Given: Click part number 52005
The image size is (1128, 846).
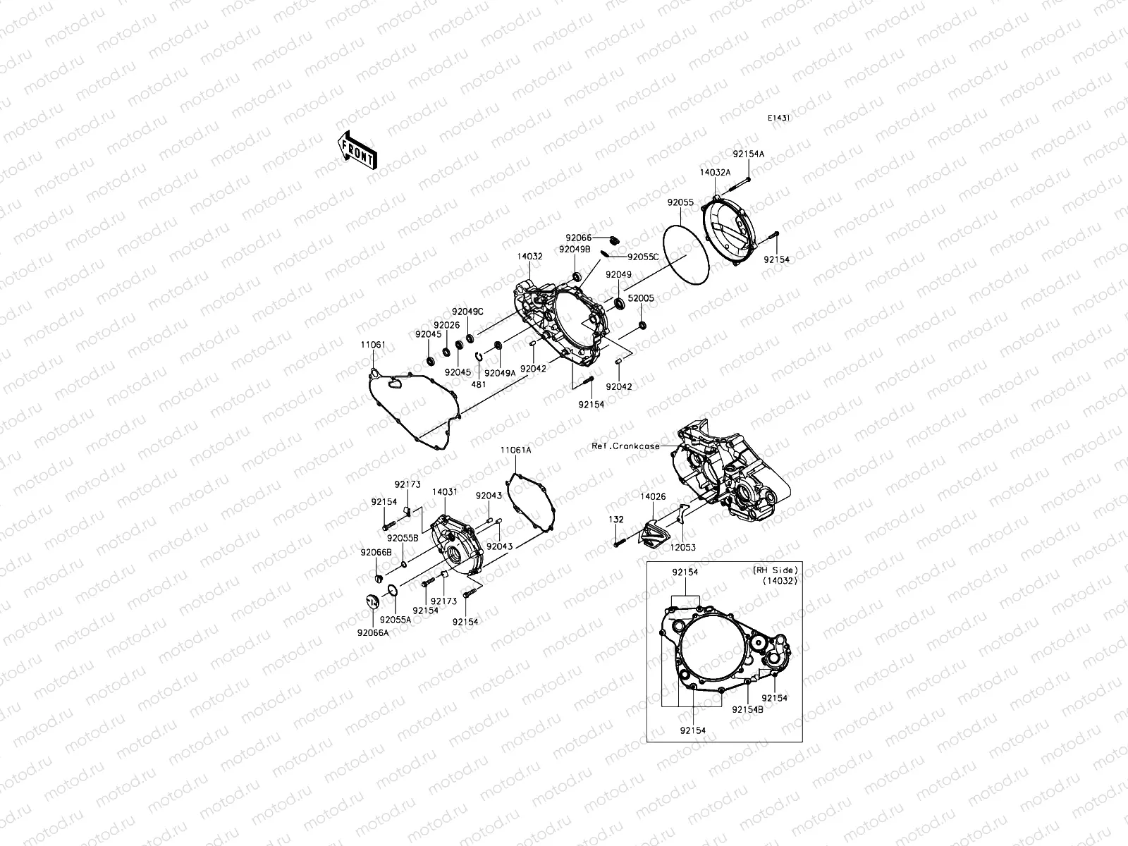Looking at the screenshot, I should click(x=641, y=298).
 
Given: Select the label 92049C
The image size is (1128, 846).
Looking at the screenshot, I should click(x=467, y=312).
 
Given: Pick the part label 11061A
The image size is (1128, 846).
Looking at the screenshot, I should click(x=516, y=450).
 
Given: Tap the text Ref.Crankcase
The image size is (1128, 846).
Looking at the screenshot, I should click(x=626, y=446).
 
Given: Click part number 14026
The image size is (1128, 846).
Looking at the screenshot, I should click(x=653, y=497).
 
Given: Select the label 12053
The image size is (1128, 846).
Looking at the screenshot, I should click(x=682, y=547).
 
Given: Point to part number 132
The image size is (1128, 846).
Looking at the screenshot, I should click(x=616, y=519).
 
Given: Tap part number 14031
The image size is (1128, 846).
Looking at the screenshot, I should click(x=445, y=491).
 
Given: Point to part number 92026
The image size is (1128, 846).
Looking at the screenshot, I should click(x=446, y=325).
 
